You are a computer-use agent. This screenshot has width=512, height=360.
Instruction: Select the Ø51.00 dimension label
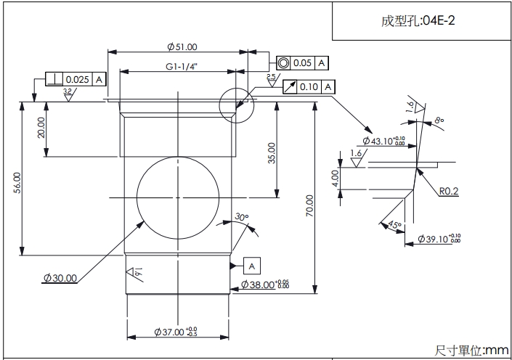(182, 47)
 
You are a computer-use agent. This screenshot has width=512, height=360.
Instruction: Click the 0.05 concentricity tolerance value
(302, 63)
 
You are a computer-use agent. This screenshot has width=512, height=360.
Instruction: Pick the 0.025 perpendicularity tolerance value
(77, 79)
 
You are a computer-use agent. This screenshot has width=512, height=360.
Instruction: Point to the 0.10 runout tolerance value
(309, 87)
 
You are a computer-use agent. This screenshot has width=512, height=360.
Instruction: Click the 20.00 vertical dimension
(41, 128)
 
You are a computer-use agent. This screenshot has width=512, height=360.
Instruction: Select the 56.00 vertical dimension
(17, 181)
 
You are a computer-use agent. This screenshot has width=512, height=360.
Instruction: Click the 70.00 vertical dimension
(310, 205)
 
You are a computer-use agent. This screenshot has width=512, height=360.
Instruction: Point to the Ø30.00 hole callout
(60, 278)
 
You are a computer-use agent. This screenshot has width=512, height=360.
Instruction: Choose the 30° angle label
(242, 217)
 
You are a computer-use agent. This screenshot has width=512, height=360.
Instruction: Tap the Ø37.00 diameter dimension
(176, 332)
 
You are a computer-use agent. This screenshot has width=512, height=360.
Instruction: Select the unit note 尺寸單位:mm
(472, 350)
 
